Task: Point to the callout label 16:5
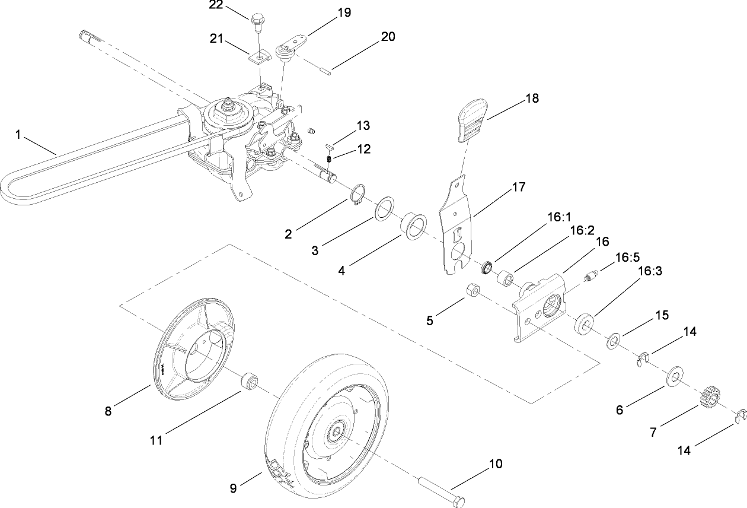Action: coord(628,258)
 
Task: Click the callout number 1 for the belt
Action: coord(18,135)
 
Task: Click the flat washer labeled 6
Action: coord(675,376)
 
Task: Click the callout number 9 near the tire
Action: coord(233,488)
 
